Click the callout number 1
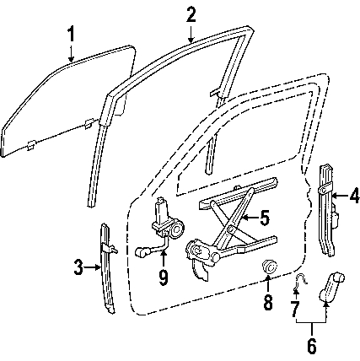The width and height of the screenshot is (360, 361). click(x=72, y=35)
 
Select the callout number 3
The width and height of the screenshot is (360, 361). click(x=78, y=267)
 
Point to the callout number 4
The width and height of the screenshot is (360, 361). click(x=354, y=195)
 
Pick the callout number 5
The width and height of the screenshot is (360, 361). click(x=265, y=218)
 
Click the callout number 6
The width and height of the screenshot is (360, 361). click(x=312, y=345)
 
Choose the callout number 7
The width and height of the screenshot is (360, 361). click(x=294, y=308)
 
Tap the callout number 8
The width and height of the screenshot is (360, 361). click(x=268, y=302)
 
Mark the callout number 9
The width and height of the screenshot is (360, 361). click(x=164, y=277)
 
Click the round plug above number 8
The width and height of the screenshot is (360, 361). click(x=269, y=267)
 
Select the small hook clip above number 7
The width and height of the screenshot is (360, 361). click(x=299, y=280)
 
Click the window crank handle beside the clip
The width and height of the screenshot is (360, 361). click(x=332, y=286)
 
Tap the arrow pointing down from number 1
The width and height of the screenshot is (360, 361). click(x=72, y=52)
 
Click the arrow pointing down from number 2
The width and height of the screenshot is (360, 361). click(x=191, y=34)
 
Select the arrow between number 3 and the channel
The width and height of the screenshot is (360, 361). click(x=92, y=267)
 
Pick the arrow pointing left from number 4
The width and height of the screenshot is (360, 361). click(x=340, y=195)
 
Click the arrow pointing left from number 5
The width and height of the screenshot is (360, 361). click(x=250, y=218)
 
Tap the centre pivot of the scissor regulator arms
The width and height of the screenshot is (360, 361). click(x=230, y=229)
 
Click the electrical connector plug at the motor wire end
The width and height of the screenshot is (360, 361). click(x=142, y=252)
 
